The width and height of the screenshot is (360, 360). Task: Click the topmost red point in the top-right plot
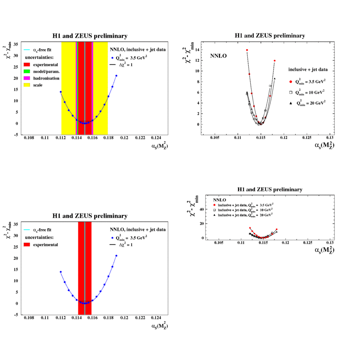click(247, 50)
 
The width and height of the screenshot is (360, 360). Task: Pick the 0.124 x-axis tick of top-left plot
click(156, 138)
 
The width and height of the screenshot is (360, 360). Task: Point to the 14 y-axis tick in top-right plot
click(197, 50)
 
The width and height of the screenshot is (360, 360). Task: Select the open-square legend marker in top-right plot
click(291, 92)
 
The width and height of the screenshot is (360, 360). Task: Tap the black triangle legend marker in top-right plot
click(291, 103)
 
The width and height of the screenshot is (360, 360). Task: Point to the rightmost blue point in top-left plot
click(116, 76)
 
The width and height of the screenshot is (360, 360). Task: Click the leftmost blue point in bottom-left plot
click(61, 272)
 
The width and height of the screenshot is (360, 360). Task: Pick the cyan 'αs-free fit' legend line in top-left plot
click(28, 50)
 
